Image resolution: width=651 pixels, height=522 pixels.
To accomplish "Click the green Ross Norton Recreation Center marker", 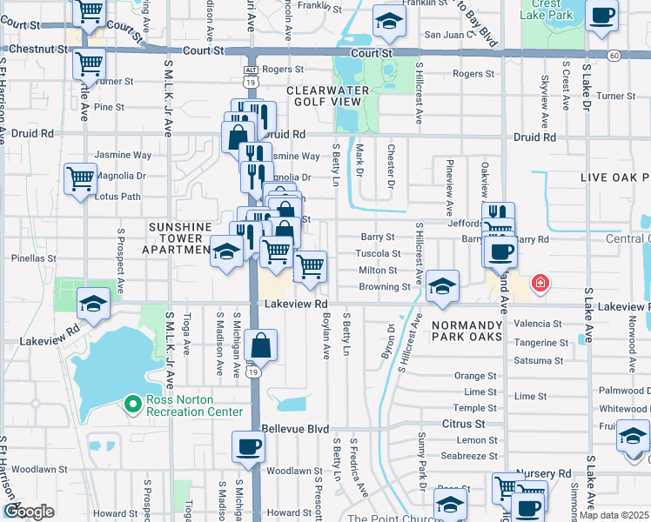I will coord(132,403).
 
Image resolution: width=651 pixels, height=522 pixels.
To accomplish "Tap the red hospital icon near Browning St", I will coord(540,283).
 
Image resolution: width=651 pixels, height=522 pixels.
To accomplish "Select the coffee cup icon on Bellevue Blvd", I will coord(248,448).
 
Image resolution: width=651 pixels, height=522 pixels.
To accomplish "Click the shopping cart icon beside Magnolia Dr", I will coord(80,179).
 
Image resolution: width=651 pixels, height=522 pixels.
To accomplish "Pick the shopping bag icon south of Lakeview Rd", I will coord(260,345).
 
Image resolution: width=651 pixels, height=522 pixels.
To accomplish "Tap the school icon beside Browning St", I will coord(443,286).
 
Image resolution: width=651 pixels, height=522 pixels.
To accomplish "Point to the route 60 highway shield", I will coord(614,56).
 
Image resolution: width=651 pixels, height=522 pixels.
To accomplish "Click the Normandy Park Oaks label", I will coord(466,330).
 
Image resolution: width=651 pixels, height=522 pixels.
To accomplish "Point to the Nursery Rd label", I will coord(545,473).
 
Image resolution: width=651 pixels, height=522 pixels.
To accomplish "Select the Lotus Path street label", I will coord(118,197).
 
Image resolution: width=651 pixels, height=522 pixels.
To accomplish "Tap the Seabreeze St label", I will coord(468,455).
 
